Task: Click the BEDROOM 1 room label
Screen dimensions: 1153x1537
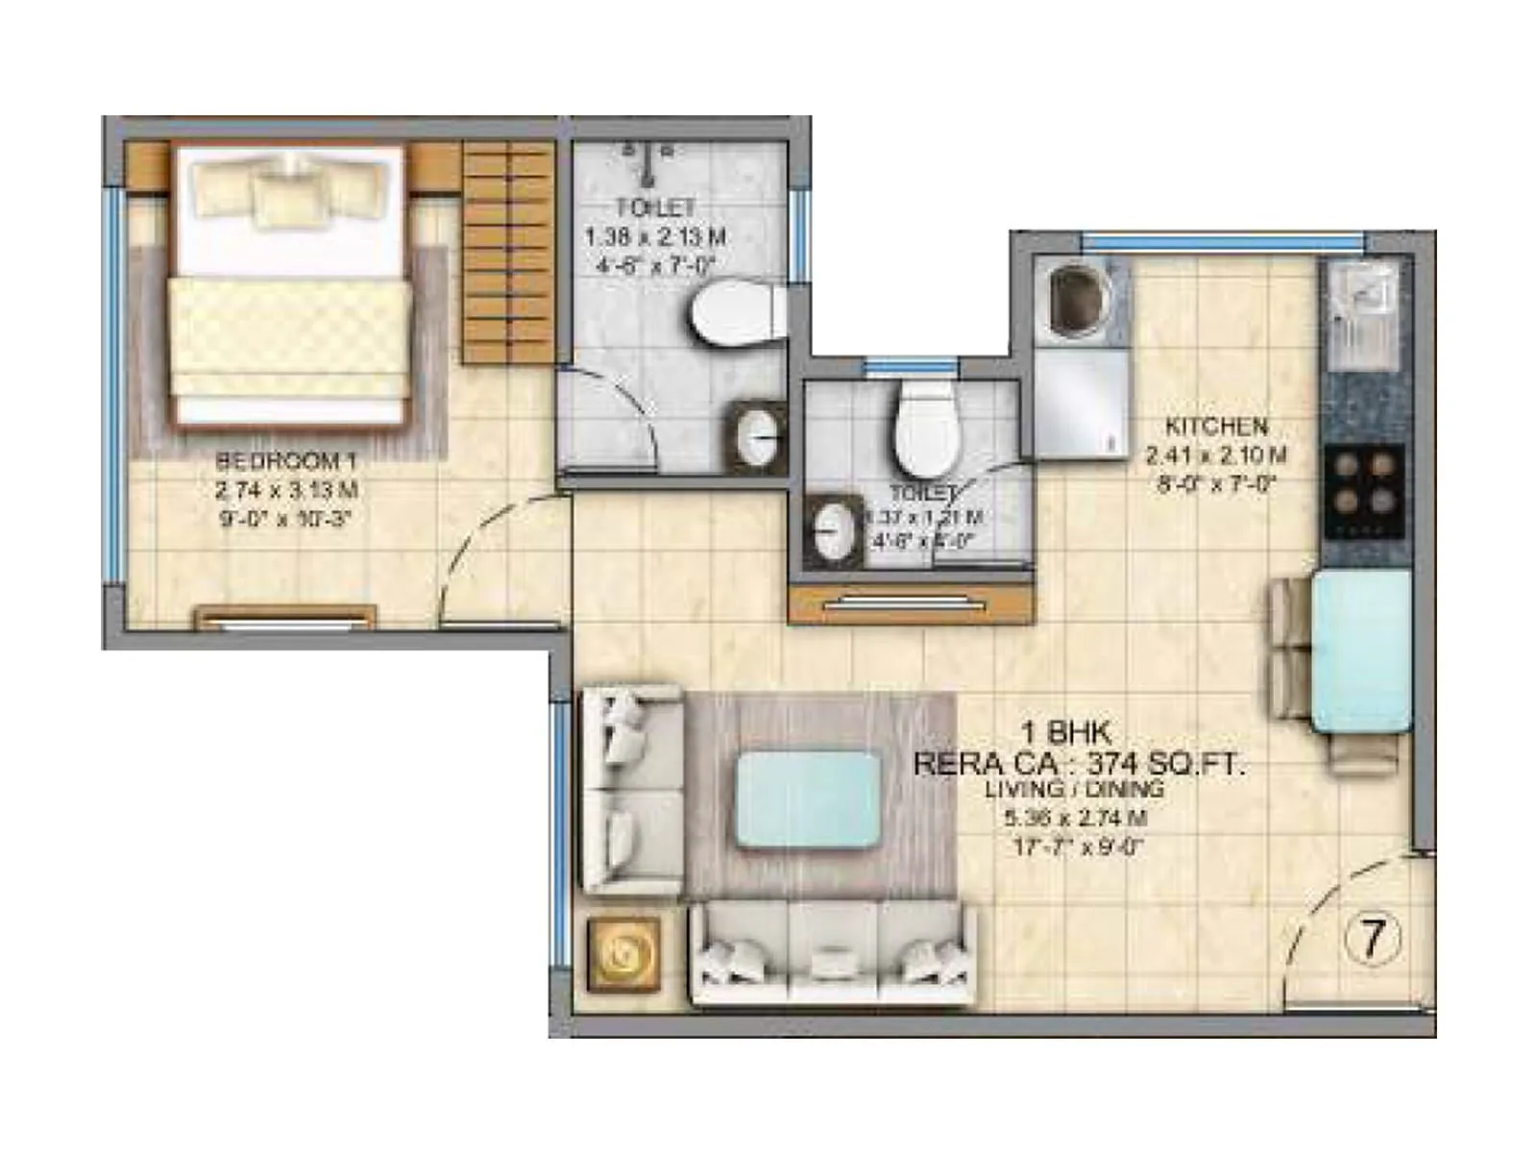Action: tap(286, 460)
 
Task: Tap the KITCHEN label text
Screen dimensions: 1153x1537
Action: tap(1216, 426)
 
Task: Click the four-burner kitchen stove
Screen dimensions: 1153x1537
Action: tap(1363, 491)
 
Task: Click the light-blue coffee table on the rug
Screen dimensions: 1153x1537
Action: tap(808, 800)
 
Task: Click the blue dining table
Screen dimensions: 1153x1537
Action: tap(1361, 650)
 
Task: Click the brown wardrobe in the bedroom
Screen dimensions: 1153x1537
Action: tap(508, 252)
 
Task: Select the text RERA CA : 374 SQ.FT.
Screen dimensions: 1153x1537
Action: tap(1078, 764)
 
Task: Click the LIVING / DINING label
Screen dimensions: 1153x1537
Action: tap(1074, 790)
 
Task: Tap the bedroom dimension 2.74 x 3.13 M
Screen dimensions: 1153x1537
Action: tap(286, 490)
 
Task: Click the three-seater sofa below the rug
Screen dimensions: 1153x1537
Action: tap(832, 953)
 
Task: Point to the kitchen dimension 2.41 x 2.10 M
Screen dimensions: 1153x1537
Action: tap(1216, 455)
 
